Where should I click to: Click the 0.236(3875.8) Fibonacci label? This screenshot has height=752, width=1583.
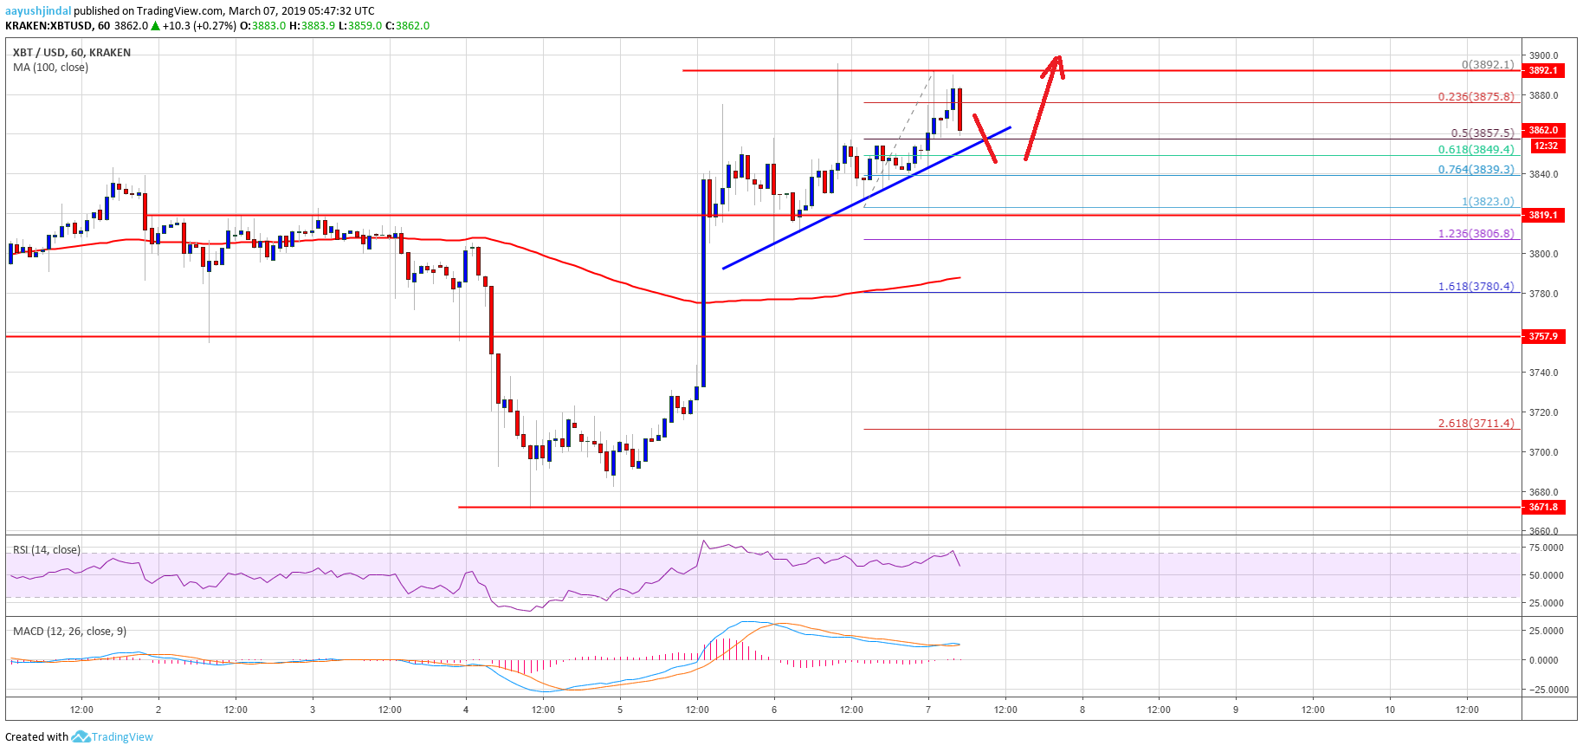coord(1476,97)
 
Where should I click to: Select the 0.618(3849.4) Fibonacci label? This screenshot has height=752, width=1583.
coord(1476,150)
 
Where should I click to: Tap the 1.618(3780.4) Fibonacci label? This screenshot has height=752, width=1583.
coord(1476,287)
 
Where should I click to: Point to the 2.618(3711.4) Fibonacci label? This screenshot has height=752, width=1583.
coord(1476,424)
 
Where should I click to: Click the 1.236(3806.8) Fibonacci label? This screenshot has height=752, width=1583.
coord(1476,234)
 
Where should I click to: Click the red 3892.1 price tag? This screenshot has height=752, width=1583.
coord(1543,71)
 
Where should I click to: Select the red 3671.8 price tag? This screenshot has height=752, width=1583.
coord(1543,508)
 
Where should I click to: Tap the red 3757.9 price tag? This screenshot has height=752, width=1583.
coord(1543,336)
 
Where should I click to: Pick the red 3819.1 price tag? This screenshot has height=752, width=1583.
coord(1543,215)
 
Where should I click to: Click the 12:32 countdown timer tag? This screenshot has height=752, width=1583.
coord(1546,146)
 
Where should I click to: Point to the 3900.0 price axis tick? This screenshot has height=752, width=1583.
coord(1543,55)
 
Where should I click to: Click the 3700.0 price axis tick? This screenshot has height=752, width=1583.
coord(1543,452)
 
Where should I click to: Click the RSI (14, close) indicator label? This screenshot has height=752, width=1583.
coord(47,550)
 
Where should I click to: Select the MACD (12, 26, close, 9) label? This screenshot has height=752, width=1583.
coord(69,632)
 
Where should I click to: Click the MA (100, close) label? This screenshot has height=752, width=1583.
coord(50,68)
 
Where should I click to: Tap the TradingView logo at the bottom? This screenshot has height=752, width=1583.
coord(113,737)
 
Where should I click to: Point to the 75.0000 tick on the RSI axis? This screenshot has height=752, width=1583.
coord(1547,548)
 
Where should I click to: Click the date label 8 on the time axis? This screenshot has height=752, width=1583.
coord(1082,710)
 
